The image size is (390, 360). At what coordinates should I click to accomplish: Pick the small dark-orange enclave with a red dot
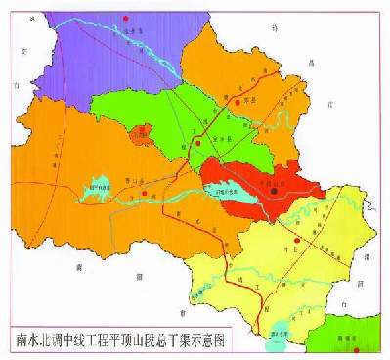pyautogui.click(x=143, y=130)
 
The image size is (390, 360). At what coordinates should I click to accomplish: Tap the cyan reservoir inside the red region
pyautogui.click(x=235, y=193)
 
